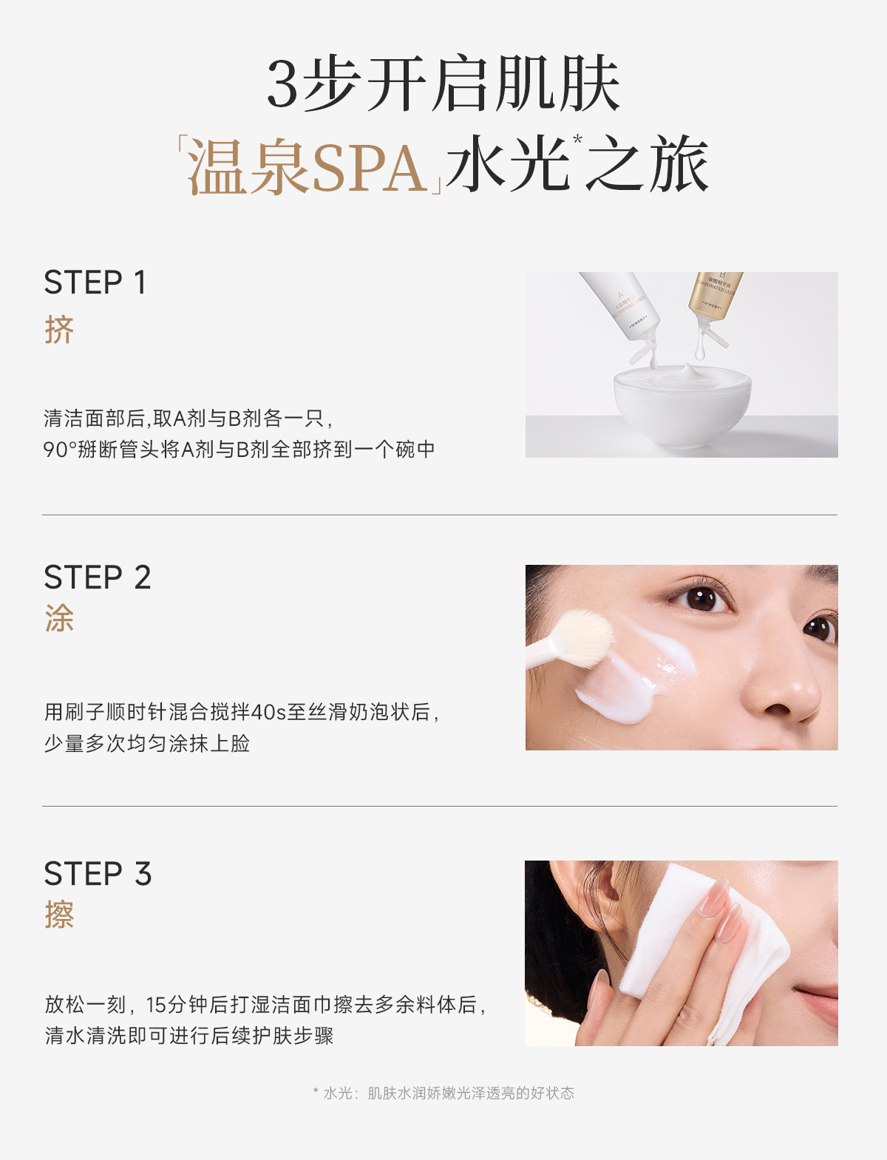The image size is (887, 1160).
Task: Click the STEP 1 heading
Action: (x=95, y=282)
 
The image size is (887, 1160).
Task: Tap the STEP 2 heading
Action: (x=98, y=577)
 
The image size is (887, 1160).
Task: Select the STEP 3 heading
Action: (x=98, y=874)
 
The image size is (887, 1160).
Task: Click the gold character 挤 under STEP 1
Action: (x=59, y=330)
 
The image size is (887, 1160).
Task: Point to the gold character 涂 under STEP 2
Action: (x=59, y=618)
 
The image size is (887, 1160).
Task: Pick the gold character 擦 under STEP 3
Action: (x=59, y=915)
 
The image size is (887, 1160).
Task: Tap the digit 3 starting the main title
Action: (x=282, y=84)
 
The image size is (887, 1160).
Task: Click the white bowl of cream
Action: (x=682, y=404)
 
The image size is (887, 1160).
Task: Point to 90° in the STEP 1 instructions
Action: (x=60, y=450)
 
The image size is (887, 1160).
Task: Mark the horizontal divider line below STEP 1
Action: (x=440, y=515)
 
